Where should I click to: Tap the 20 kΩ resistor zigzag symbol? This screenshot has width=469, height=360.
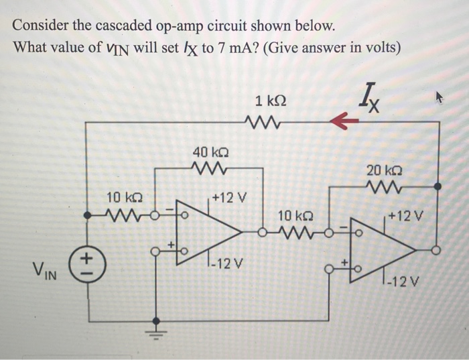[x=385, y=187]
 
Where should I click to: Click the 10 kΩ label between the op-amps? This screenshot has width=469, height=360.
[x=293, y=216]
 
